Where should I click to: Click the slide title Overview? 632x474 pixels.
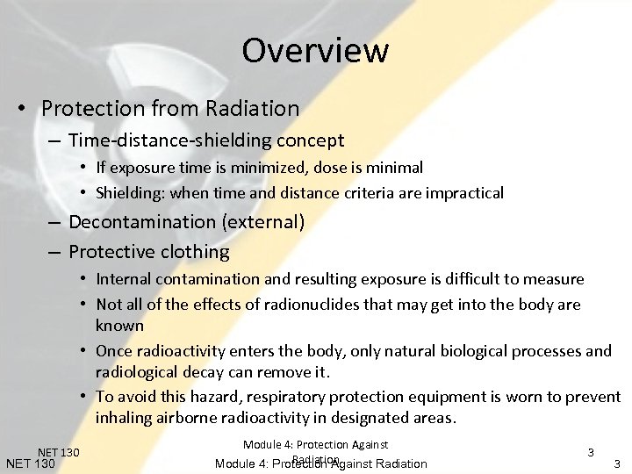coord(315,50)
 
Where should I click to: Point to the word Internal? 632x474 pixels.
coord(124,279)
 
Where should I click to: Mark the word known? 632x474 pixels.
coord(119,326)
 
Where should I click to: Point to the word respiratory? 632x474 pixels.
coord(296,397)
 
